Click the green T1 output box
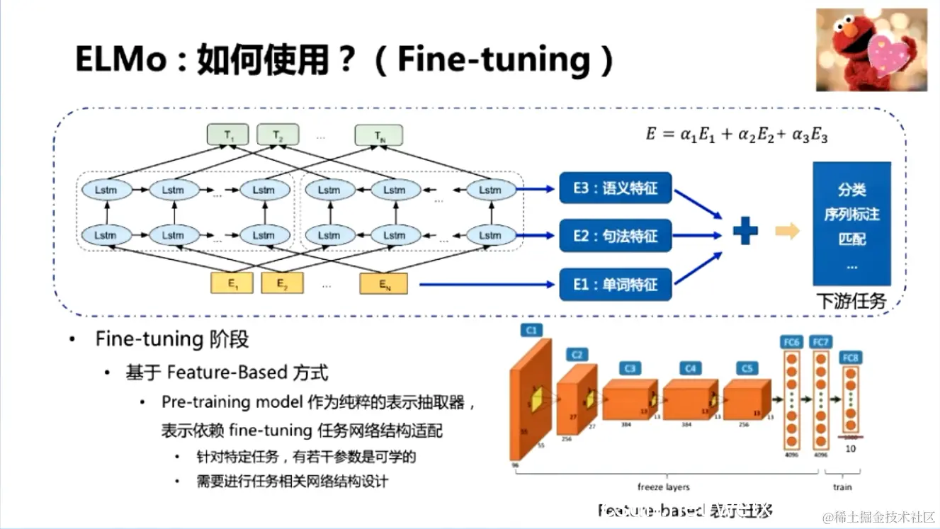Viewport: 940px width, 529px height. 227,135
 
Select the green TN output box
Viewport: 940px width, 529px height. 378,135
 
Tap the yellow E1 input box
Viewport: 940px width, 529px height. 232,283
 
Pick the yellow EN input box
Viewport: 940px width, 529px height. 383,284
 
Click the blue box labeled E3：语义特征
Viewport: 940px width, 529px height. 615,189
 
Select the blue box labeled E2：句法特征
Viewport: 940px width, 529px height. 615,236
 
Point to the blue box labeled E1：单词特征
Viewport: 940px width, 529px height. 615,285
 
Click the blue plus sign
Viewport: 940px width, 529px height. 744,232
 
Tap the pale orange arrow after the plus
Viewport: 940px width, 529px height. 787,232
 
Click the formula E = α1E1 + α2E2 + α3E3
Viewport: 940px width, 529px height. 736,135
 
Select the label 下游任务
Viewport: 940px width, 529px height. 850,301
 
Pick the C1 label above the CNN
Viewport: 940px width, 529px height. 530,329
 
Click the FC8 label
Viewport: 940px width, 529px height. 850,358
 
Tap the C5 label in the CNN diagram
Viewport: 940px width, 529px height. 747,368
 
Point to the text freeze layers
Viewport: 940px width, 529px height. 663,487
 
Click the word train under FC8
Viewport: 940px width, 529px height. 842,487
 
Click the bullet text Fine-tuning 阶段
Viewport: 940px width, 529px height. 172,339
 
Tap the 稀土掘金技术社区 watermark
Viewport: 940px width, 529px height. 878,516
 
